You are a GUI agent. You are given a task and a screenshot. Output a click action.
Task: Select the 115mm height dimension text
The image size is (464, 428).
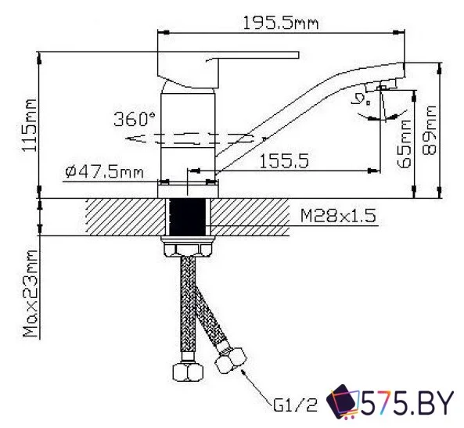[x=31, y=125]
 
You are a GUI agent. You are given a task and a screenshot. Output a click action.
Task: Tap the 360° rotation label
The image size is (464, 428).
[x=135, y=120]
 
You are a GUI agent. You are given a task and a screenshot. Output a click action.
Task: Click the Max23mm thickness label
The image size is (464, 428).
[x=31, y=293]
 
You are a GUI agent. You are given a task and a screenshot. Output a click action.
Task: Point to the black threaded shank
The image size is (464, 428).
[x=187, y=218]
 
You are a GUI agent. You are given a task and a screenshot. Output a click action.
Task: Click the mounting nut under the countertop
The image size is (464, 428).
[x=188, y=247]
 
